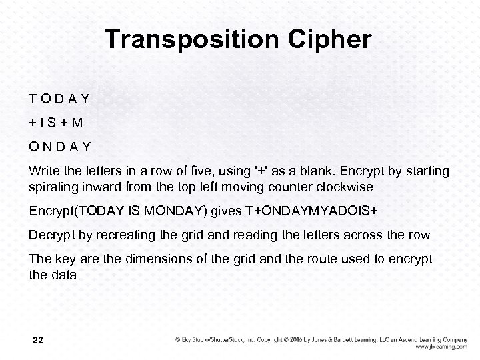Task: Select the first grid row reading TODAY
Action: (59, 99)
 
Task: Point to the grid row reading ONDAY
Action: (60, 146)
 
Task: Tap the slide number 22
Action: (38, 340)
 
